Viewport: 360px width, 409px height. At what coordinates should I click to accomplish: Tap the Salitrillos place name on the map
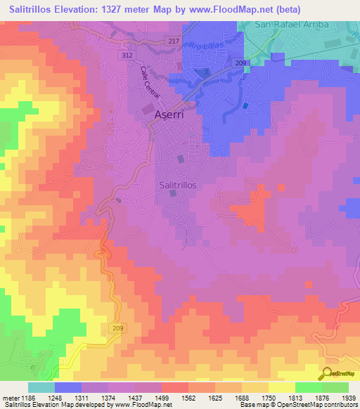pyautogui.click(x=178, y=183)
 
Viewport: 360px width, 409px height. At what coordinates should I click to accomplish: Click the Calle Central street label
pyautogui.click(x=150, y=82)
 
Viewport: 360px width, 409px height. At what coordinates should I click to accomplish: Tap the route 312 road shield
pyautogui.click(x=126, y=55)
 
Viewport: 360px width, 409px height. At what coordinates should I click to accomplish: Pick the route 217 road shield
pyautogui.click(x=174, y=41)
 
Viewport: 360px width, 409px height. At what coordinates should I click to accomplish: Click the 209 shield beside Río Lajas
pyautogui.click(x=240, y=63)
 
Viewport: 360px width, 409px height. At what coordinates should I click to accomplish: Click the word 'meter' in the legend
pyautogui.click(x=10, y=397)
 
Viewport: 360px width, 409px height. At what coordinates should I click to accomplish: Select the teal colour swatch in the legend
pyautogui.click(x=41, y=387)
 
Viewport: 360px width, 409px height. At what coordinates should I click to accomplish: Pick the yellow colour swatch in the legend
pyautogui.click(x=281, y=387)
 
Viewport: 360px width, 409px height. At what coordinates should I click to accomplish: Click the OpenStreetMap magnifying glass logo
pyautogui.click(x=327, y=375)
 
